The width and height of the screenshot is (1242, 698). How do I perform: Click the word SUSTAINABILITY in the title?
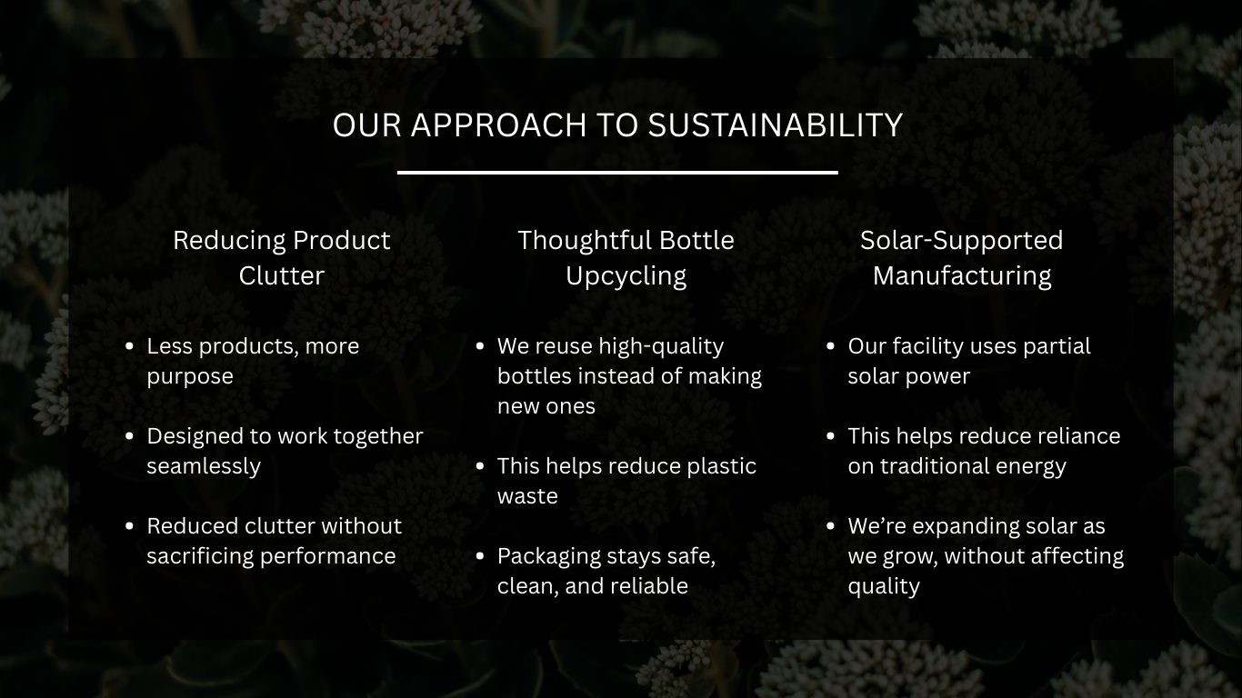coord(776,125)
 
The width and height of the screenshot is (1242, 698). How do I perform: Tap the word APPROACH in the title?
coord(499,125)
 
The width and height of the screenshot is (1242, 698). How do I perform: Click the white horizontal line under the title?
coord(617,173)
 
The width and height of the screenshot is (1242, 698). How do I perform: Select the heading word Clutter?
coord(282,275)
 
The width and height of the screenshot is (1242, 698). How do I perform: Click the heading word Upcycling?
coord(626,276)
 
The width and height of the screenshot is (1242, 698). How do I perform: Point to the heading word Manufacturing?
coord(962,276)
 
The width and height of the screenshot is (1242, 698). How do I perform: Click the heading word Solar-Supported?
coord(961,242)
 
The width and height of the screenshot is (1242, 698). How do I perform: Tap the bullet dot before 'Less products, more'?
coord(130,346)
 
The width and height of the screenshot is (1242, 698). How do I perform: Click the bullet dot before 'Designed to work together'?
coord(130,436)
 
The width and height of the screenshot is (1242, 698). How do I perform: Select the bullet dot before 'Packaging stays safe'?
coord(480,556)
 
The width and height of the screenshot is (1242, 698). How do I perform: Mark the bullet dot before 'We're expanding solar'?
coord(831,526)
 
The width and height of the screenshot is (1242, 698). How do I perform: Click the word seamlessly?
coord(204,466)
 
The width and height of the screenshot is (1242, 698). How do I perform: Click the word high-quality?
coord(662,347)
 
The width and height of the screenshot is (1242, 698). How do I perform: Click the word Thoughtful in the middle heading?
coord(585,242)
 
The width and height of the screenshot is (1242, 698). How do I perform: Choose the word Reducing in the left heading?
coord(228,242)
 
